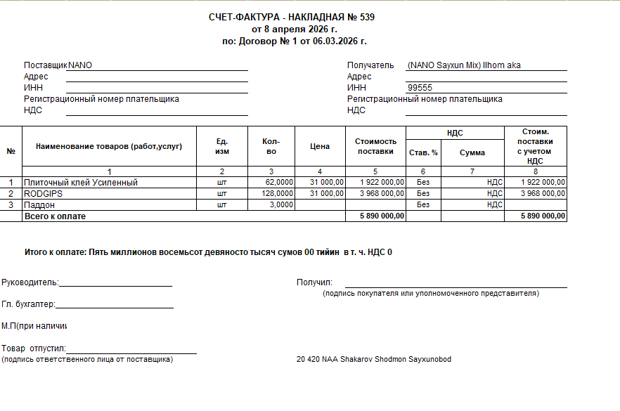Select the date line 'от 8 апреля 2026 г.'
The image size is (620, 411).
[x=295, y=30]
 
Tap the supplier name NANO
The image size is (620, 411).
[x=80, y=65]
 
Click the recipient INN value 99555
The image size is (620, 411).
[x=420, y=88]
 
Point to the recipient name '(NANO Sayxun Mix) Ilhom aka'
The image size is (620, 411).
[x=464, y=65]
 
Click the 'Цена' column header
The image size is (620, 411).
[x=320, y=147]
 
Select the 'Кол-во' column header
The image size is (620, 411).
[x=271, y=147]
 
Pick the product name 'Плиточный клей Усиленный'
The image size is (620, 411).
[x=81, y=183]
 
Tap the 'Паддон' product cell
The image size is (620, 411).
[x=39, y=204]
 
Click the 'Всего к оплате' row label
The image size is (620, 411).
[x=55, y=216]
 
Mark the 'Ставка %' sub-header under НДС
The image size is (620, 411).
[x=423, y=152]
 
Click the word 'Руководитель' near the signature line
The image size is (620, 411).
[x=30, y=282]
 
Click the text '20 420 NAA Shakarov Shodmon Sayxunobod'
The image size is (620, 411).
[x=374, y=360]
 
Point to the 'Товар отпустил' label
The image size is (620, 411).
[x=33, y=348]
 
